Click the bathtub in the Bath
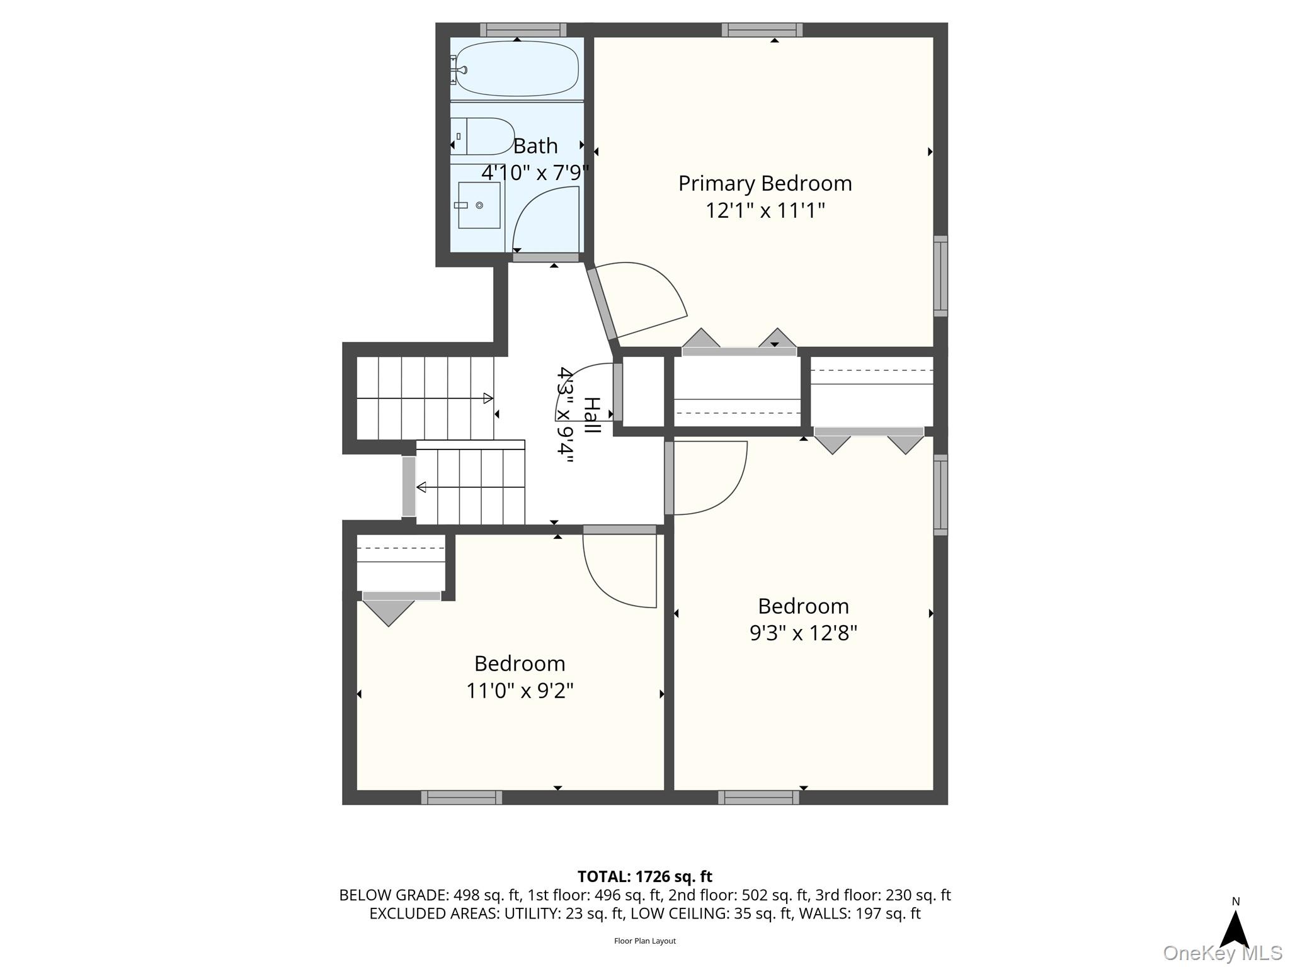pos(517,69)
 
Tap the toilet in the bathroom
pos(482,136)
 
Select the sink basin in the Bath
pos(479,205)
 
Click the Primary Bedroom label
pos(765,183)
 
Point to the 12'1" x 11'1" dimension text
pos(765,210)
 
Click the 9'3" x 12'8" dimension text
pos(803,633)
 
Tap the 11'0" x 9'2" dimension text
pos(520,691)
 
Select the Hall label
pos(591,416)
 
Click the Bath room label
pos(535,146)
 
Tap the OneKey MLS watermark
pos(1223,953)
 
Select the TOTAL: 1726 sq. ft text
pos(645,876)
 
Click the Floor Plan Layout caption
pos(645,941)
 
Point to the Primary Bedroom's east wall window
pos(940,276)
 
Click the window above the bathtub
pos(523,30)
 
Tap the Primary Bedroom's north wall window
pos(762,30)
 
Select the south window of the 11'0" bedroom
pos(462,798)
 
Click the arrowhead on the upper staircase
pos(488,398)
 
